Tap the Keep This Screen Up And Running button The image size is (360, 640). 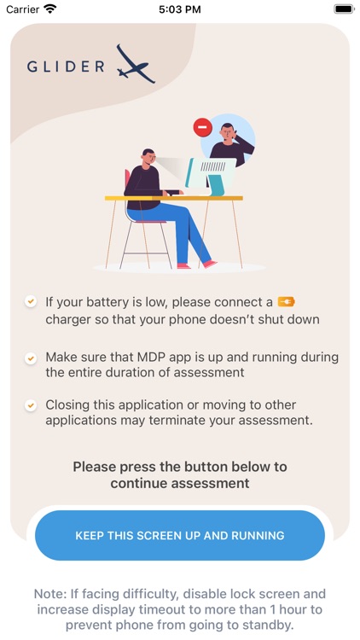(x=180, y=535)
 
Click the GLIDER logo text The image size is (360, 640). (x=66, y=66)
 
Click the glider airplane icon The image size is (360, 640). (x=135, y=64)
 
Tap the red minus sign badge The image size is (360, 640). (x=202, y=127)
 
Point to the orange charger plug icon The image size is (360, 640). (x=286, y=302)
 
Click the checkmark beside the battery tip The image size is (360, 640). (x=31, y=302)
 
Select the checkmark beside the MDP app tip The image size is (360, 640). (x=31, y=358)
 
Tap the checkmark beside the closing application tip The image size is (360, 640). (x=31, y=405)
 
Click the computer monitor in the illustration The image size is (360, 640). (x=211, y=173)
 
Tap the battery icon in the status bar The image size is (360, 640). (x=343, y=9)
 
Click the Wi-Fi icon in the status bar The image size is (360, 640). (x=50, y=9)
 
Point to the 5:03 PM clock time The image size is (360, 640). (x=180, y=9)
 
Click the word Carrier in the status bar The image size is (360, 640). (x=23, y=9)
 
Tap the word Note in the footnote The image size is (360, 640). (x=50, y=593)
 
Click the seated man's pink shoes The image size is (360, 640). (x=197, y=265)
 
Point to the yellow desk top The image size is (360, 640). (x=174, y=198)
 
